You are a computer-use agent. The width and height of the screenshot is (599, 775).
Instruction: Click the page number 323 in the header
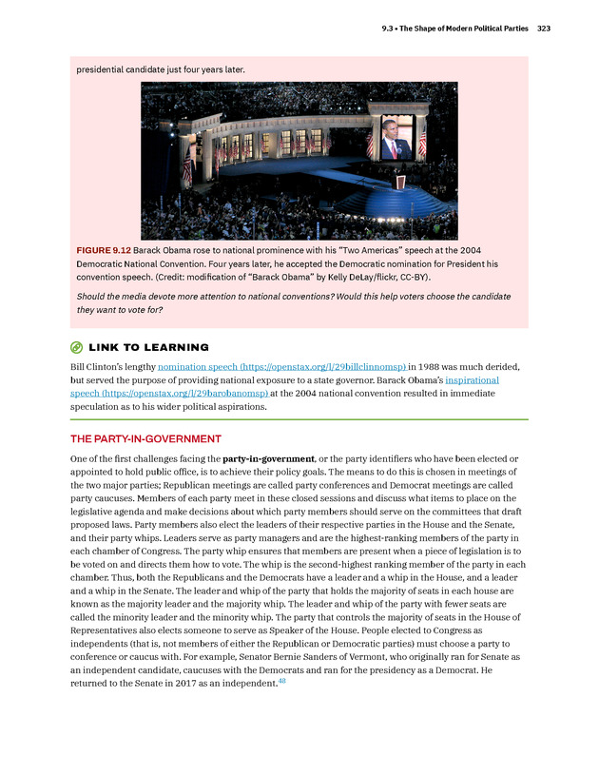tap(544, 29)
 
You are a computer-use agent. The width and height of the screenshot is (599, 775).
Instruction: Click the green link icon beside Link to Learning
tap(77, 347)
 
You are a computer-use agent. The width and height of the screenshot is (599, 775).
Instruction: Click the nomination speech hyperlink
tap(282, 365)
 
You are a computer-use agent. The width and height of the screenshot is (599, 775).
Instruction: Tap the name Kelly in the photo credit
tap(340, 277)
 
